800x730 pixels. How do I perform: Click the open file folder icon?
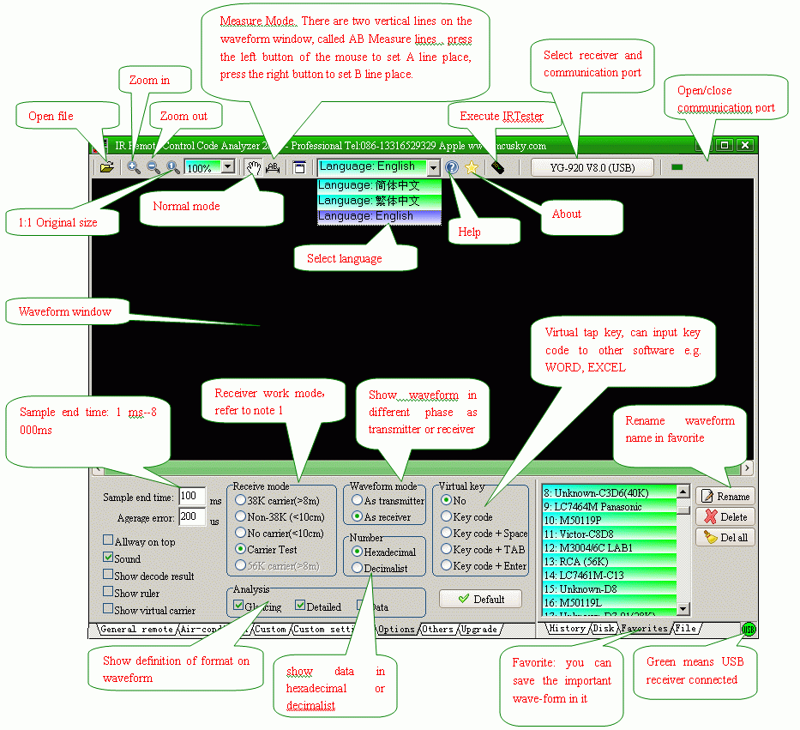coord(106,167)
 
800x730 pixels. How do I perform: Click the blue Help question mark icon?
coord(452,168)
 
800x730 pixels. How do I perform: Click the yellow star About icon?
coord(472,168)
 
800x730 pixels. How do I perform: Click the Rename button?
coord(725,496)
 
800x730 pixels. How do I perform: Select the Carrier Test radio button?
coord(241,549)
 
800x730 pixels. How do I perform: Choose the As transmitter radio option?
coord(358,500)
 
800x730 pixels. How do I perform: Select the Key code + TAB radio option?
coord(447,549)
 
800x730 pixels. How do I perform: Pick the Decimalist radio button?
coord(358,568)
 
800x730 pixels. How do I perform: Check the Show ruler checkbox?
coord(108,593)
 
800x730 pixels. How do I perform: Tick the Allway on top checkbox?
coord(108,541)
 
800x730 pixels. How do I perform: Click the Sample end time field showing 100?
coord(191,496)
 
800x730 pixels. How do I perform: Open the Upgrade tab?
coord(478,630)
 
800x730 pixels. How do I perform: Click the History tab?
coord(567,629)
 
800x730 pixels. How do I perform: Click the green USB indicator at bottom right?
coord(749,630)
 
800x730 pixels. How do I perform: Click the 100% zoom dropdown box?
coord(209,168)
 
